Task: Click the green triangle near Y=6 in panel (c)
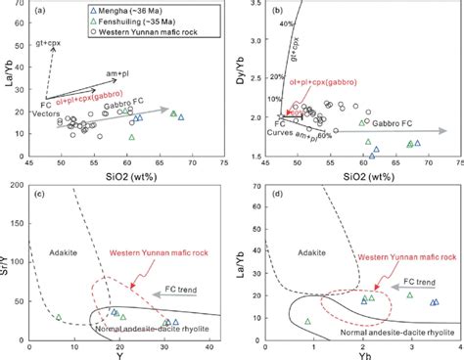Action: (x=58, y=318)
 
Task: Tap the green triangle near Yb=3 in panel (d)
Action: (x=409, y=294)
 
